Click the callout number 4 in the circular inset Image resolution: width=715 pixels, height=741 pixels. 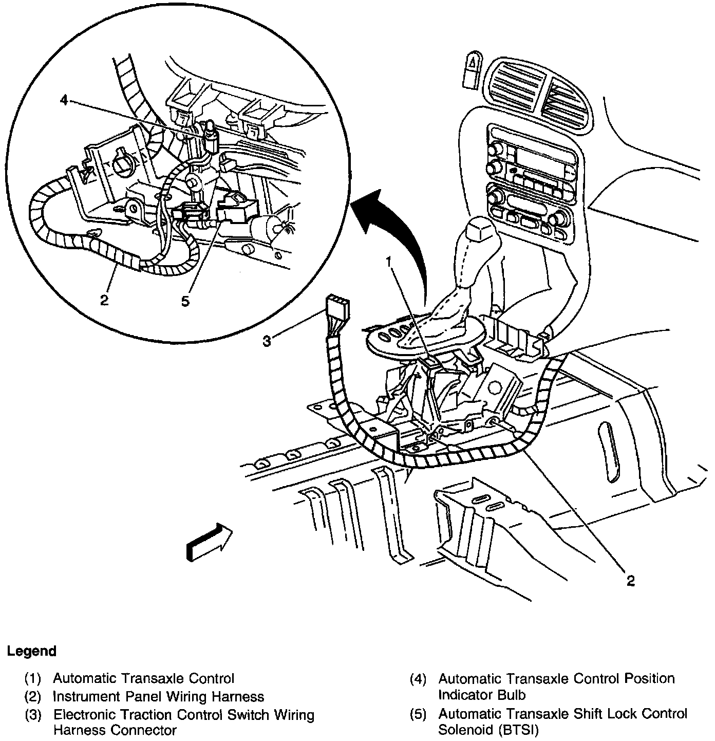64,100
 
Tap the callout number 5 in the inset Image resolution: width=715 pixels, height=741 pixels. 185,301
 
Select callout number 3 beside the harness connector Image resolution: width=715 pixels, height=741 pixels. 267,341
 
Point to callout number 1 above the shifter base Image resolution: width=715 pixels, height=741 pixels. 390,262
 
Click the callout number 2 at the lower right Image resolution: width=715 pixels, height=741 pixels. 630,581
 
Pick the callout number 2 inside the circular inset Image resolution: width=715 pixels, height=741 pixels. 104,300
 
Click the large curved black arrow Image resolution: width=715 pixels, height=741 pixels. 401,236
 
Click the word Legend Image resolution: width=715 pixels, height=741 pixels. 31,652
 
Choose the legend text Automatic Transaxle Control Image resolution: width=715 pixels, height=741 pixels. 143,678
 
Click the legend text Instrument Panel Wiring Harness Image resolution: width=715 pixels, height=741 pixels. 158,697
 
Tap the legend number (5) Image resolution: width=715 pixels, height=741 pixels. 418,714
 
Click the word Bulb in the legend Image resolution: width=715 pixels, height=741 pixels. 512,695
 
